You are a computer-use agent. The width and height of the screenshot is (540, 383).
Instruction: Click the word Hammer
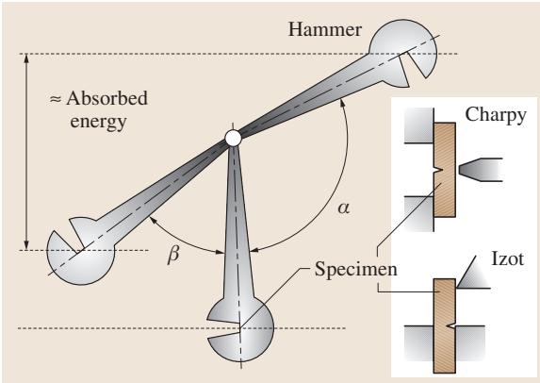coord(325,29)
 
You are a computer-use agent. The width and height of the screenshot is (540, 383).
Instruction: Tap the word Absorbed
coord(106,98)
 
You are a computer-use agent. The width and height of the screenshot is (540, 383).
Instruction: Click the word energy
coord(98,122)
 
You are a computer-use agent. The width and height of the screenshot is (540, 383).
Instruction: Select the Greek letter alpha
coord(343,208)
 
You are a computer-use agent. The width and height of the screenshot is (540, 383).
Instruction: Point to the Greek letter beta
coord(173,255)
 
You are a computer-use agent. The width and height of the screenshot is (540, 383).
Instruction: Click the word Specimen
coord(355,269)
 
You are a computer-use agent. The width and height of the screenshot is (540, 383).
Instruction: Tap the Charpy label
coord(495,115)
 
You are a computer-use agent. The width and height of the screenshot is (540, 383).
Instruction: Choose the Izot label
coord(507,258)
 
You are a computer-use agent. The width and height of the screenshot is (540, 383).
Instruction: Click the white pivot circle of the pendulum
coord(233,138)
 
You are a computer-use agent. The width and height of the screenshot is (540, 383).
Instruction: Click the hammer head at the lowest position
coord(240,327)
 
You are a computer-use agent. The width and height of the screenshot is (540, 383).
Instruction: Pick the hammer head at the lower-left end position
coord(80,251)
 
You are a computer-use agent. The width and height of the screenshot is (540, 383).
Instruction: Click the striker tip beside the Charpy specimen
coord(480,170)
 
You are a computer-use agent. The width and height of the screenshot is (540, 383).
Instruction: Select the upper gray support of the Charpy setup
coord(419,125)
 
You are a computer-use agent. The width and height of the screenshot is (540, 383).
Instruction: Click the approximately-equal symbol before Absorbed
coord(56,99)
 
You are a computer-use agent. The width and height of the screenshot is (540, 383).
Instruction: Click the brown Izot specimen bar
coord(445,325)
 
